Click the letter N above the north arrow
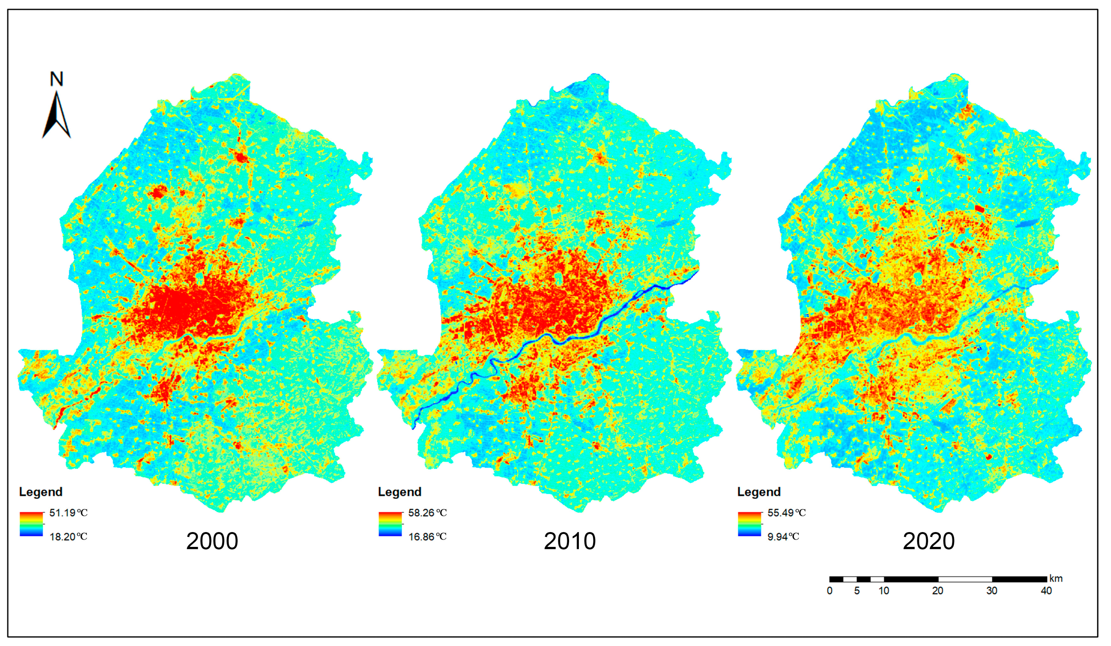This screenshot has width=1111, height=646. (56, 79)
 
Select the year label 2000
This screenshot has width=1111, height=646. (212, 541)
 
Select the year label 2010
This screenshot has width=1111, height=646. (570, 541)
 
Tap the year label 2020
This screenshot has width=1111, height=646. (929, 541)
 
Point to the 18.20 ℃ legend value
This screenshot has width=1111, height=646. (68, 537)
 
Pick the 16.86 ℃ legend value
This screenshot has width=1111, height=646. (427, 537)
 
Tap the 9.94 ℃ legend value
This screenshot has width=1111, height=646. (783, 537)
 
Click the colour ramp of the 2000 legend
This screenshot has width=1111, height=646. (31, 524)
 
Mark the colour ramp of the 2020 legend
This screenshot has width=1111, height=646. (749, 524)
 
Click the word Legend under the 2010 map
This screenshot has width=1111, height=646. (399, 492)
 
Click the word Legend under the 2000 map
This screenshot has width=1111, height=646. (41, 492)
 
